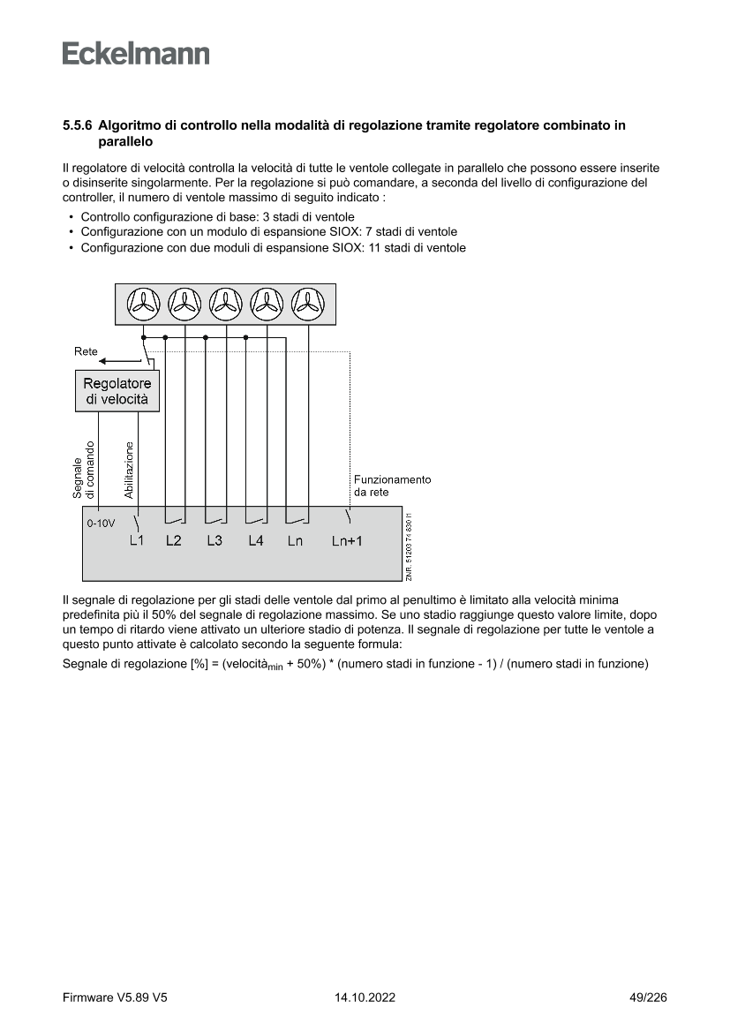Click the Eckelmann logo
point(136,54)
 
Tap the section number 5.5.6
point(79,126)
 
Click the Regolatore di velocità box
point(117,391)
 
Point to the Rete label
point(86,351)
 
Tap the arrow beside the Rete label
point(115,360)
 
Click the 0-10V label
point(101,524)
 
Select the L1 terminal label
point(136,540)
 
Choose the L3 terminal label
point(214,540)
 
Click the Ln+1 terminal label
point(347,541)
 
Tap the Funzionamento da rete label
point(392,486)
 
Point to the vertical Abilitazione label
point(129,470)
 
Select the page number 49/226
point(642,998)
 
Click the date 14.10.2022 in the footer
point(365,998)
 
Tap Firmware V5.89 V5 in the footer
point(115,998)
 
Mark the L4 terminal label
point(255,540)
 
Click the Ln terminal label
point(295,541)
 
